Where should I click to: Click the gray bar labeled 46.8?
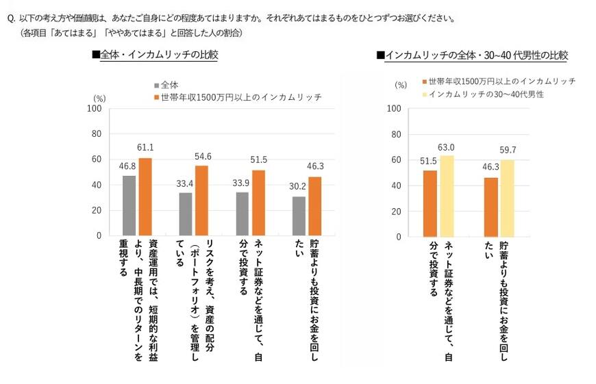(x=129, y=205)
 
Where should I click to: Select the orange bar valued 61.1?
(x=146, y=196)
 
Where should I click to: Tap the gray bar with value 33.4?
(x=186, y=214)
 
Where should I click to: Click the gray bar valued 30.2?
(x=298, y=216)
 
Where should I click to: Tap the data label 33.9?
(x=242, y=183)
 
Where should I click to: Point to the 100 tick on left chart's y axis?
(x=95, y=108)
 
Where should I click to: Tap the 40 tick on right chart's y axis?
(x=394, y=185)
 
